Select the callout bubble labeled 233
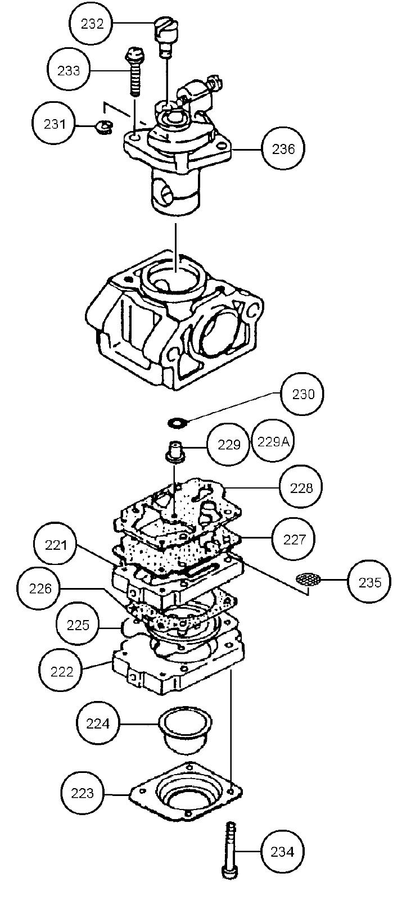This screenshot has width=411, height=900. pyautogui.click(x=69, y=70)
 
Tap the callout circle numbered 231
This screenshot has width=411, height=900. pyautogui.click(x=55, y=124)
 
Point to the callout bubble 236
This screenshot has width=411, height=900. pyautogui.click(x=283, y=149)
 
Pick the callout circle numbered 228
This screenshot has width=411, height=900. pyautogui.click(x=301, y=487)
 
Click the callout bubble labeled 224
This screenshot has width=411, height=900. pyautogui.click(x=98, y=723)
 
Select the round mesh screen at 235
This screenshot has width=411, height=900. pyautogui.click(x=307, y=580)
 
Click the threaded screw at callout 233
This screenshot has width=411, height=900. pyautogui.click(x=134, y=71)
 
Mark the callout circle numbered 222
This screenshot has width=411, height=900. pyautogui.click(x=61, y=671)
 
